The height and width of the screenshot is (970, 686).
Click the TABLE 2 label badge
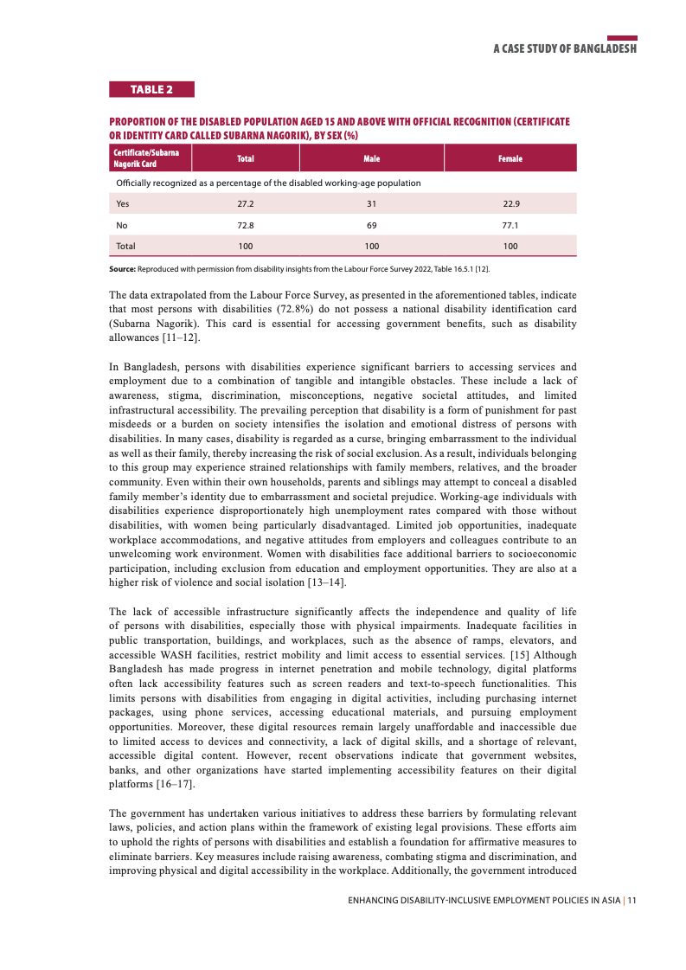[x=151, y=89]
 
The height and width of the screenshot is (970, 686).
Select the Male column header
[x=371, y=158]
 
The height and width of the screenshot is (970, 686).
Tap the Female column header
[x=510, y=158]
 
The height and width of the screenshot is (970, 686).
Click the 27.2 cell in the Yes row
[x=245, y=204]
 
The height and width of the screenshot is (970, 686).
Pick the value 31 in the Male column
[x=371, y=204]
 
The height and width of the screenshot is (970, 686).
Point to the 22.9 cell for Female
[x=510, y=204]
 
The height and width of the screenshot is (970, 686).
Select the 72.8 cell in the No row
[x=245, y=225]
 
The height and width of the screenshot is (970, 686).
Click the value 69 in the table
[x=371, y=225]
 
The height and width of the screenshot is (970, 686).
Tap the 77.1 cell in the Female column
[x=510, y=225]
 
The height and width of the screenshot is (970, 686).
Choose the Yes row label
[x=123, y=204]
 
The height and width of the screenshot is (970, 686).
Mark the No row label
[x=122, y=225]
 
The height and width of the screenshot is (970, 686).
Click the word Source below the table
[x=122, y=270]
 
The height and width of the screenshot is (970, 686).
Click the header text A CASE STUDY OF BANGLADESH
[x=565, y=48]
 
